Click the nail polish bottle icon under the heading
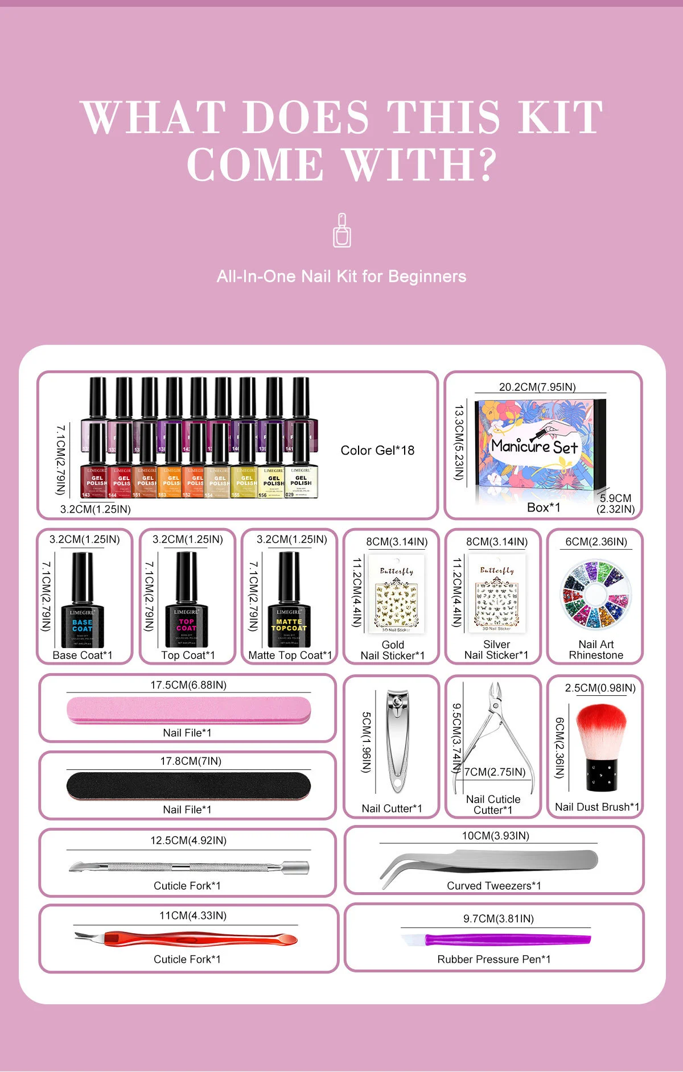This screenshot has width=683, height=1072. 341,230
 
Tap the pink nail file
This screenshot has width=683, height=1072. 188,711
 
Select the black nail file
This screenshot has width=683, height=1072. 188,786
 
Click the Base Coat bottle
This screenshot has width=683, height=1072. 83,603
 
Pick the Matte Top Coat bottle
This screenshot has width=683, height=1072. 289,603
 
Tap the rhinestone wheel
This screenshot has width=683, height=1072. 595,594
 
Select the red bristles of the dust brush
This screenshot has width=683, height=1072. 600,728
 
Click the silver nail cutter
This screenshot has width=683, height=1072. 397,740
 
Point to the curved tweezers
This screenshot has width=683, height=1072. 489,861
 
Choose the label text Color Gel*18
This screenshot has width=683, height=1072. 377,451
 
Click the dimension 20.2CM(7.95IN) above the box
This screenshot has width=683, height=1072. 537,387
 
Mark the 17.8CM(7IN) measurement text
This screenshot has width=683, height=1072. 191,761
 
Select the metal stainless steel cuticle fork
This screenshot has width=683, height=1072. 188,867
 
